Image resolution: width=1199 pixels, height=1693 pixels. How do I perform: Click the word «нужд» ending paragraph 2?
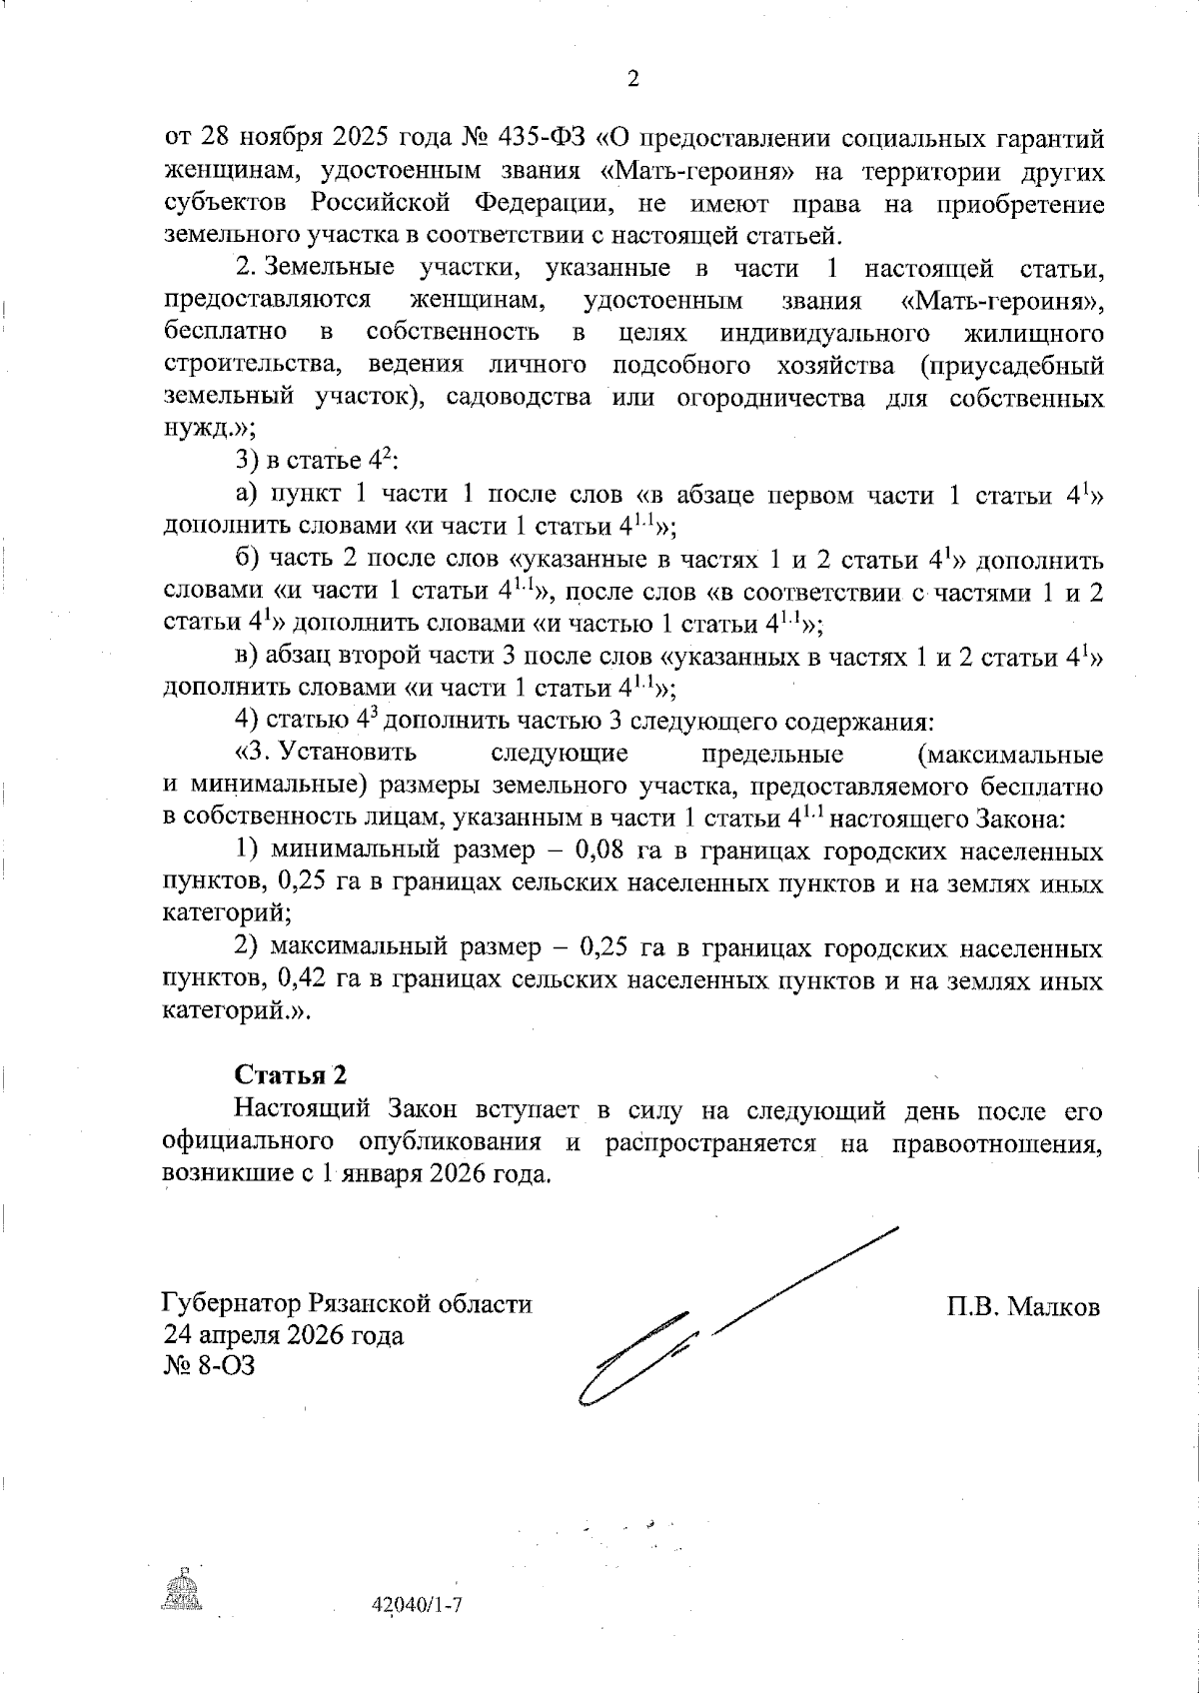coord(194,430)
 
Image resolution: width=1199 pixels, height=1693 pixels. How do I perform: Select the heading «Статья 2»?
coord(291,1075)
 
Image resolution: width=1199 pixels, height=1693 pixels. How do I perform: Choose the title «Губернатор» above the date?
coord(233,1304)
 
